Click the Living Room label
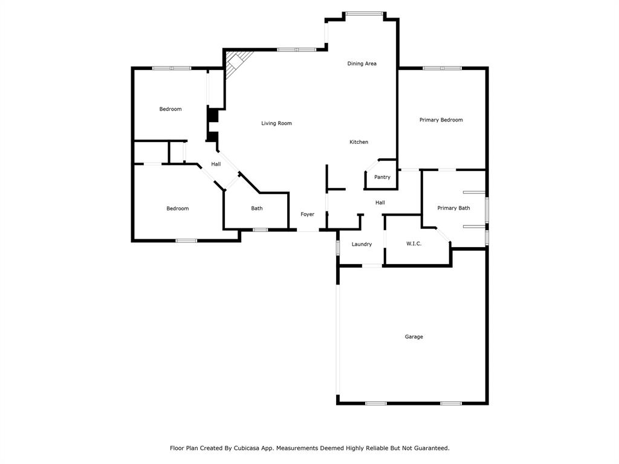click(276, 123)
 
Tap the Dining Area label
click(361, 63)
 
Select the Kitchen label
click(358, 142)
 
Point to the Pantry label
click(382, 177)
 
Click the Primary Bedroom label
click(441, 120)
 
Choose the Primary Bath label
click(453, 208)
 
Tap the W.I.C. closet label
click(413, 243)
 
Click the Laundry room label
click(361, 244)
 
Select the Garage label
click(413, 337)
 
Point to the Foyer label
click(307, 214)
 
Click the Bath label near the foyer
click(257, 208)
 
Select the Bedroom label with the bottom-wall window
click(177, 208)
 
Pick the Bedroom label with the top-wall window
click(170, 109)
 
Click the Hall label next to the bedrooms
click(216, 164)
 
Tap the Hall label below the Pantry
click(380, 203)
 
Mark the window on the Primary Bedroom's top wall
click(442, 68)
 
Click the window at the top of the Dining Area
click(364, 13)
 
